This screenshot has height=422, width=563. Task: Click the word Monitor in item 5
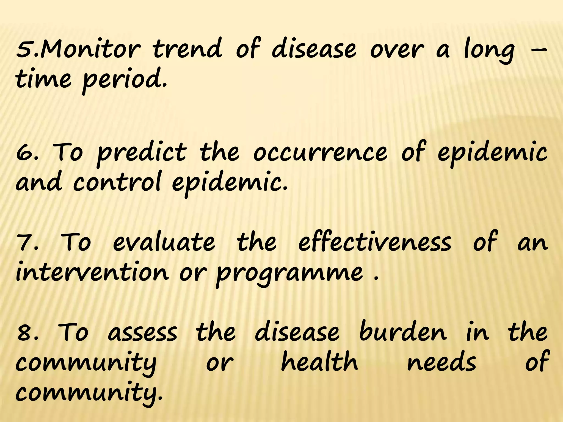91,50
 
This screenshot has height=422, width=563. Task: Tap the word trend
187,50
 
